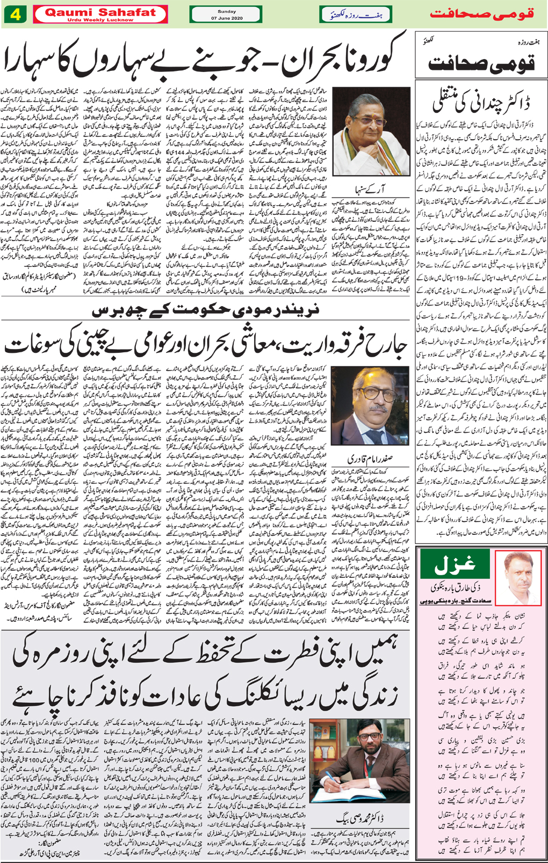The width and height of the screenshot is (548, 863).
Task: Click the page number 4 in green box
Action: coord(16,14)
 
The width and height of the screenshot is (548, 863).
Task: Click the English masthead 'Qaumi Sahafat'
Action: coord(100,12)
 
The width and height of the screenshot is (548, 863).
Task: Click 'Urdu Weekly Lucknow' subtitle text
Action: coord(100,20)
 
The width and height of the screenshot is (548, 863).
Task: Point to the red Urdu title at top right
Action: coord(481,14)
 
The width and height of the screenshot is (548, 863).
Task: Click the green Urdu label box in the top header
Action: coord(356,14)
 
